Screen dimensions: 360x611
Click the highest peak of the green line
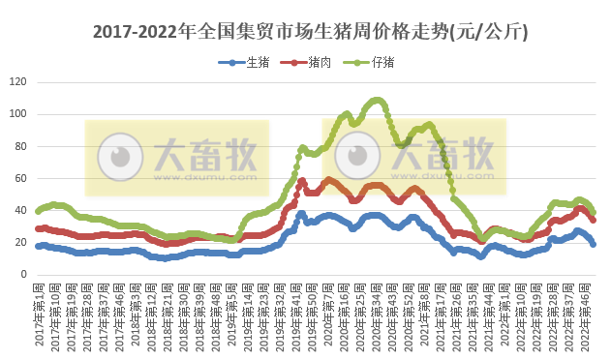pos(377,100)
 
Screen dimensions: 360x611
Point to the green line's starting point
pos(39,211)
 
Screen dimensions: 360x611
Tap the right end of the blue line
pos(593,244)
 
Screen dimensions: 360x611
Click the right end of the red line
pos(593,220)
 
